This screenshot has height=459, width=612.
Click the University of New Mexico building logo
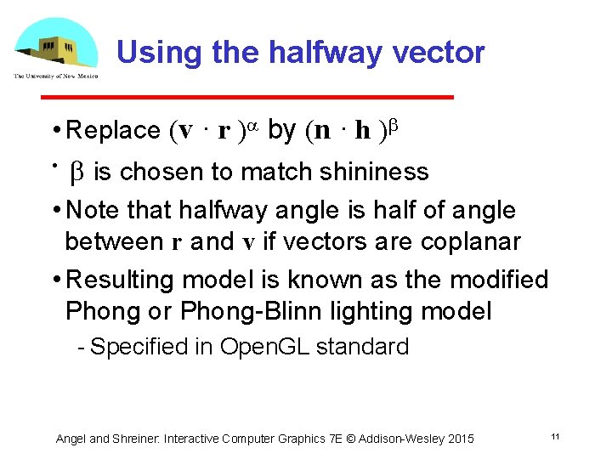56,48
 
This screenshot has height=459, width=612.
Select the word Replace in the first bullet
113,131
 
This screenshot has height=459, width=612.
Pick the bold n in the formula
322,131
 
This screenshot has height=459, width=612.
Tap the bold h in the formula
362,131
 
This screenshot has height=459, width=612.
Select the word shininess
374,173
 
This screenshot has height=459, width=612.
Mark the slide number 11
554,436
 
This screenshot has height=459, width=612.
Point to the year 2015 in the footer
459,439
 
